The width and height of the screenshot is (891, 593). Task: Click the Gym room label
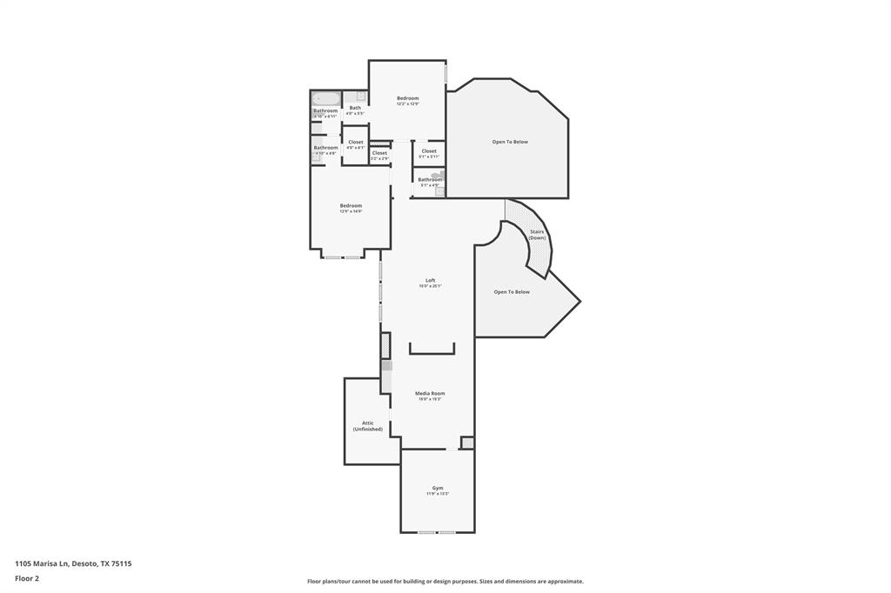point(438,488)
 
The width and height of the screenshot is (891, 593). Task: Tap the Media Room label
point(431,394)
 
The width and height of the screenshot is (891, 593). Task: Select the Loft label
point(430,280)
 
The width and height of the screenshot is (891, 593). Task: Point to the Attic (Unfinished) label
point(367,426)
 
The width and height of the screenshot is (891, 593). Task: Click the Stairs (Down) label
point(537,234)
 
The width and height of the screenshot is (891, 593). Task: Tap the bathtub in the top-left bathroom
point(325,98)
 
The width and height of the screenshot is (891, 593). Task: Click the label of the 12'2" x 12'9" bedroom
point(407,98)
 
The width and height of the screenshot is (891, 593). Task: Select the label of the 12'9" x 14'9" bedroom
point(351,206)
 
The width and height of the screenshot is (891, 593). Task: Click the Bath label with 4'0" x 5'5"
point(355,109)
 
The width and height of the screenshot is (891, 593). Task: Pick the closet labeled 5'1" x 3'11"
point(429,151)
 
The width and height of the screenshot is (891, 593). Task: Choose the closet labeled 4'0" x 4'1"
point(355,143)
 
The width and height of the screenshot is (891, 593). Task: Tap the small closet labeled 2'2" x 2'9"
point(379,153)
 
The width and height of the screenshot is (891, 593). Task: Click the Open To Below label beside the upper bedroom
point(510,142)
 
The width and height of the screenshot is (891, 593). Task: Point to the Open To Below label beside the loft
point(512,292)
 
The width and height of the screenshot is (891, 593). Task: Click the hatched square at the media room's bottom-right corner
point(467,443)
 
